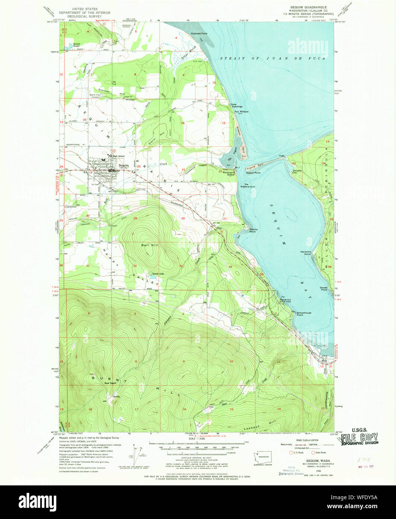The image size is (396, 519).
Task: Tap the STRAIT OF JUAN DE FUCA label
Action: pos(272,59)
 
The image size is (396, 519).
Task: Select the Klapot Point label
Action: pos(253,173)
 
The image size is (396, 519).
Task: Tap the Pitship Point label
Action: pos(253,230)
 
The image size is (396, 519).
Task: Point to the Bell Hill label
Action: pos(148,245)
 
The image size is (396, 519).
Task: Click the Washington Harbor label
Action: pos(229,173)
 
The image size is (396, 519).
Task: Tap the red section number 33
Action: pos(181,266)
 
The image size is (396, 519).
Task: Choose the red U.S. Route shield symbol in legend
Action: pos(290,453)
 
